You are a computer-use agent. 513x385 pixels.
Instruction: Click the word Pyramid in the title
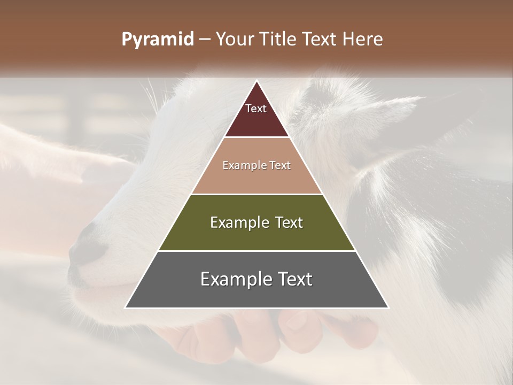(157, 40)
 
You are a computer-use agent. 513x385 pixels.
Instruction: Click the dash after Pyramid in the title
(204, 40)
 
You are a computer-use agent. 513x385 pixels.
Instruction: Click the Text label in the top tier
(256, 109)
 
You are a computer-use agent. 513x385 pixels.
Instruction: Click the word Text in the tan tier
(279, 166)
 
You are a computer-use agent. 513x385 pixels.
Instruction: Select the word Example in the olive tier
(239, 222)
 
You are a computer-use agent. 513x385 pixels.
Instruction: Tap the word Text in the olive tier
(288, 222)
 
